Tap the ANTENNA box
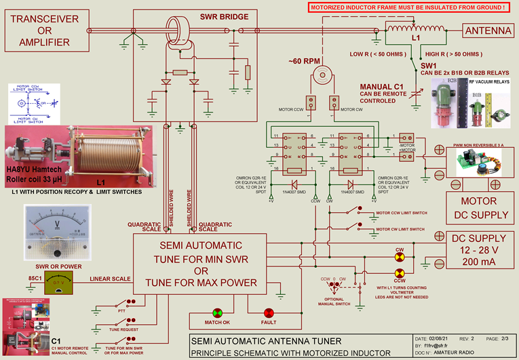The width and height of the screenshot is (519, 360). point(486,31)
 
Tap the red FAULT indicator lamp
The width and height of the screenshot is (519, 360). point(269,313)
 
